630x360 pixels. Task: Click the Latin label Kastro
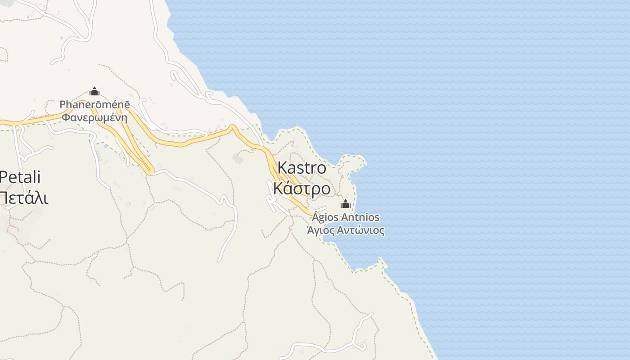click(301, 168)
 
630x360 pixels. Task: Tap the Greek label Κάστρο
click(301, 189)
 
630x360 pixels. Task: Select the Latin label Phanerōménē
click(94, 105)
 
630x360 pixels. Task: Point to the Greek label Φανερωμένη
click(94, 118)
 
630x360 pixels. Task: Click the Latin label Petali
click(20, 177)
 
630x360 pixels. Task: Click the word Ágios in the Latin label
click(326, 218)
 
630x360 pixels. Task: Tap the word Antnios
click(360, 218)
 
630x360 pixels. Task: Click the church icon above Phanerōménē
click(94, 92)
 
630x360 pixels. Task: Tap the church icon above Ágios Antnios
click(345, 204)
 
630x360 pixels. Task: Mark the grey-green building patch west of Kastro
click(238, 158)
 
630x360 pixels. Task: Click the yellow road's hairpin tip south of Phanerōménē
click(149, 171)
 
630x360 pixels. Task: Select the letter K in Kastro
click(282, 168)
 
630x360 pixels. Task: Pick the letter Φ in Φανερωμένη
click(66, 118)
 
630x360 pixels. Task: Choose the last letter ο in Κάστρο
click(325, 189)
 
